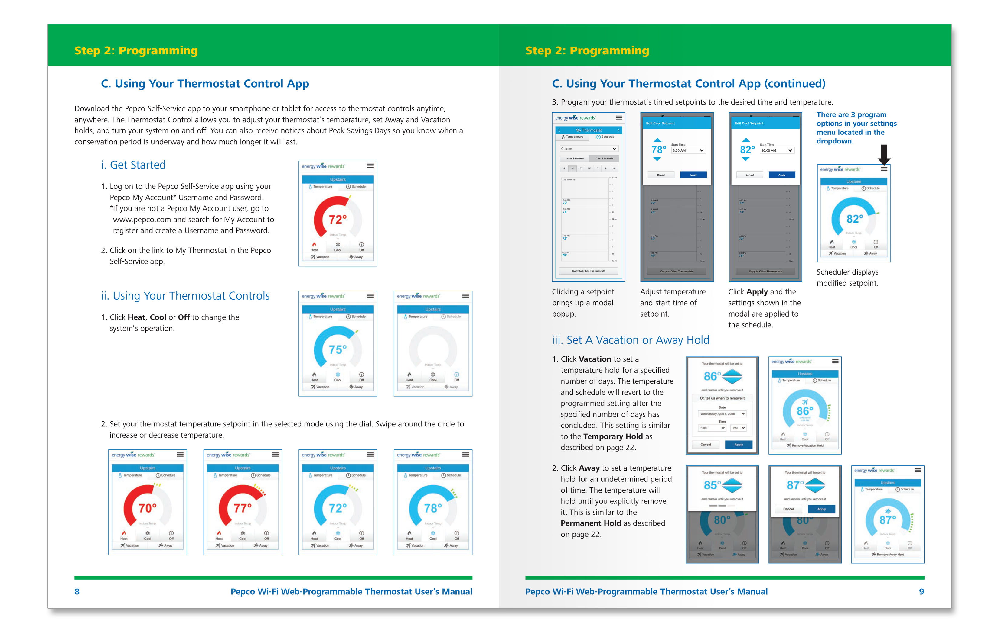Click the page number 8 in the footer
[x=77, y=591]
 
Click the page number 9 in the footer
[x=921, y=591]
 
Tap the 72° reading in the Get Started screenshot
[x=338, y=220]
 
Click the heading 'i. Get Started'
[x=133, y=165]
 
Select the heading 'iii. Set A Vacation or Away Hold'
[x=630, y=340]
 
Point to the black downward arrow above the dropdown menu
[x=884, y=154]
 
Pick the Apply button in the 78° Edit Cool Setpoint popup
[x=693, y=175]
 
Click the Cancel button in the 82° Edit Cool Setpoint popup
[x=749, y=175]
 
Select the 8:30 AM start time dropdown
[x=688, y=150]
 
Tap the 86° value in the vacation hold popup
[x=712, y=376]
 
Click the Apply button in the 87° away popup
[x=821, y=509]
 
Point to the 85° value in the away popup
[x=712, y=485]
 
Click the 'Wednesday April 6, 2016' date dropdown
[x=722, y=414]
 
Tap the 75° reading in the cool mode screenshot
[x=338, y=349]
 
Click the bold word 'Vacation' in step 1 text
[x=595, y=359]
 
